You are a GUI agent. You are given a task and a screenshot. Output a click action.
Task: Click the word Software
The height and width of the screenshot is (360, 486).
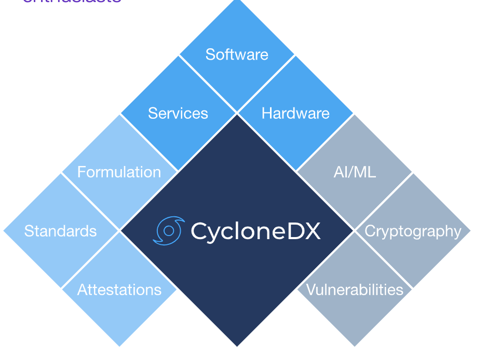[237, 54]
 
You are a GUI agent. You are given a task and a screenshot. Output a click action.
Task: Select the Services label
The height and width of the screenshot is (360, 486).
[178, 114]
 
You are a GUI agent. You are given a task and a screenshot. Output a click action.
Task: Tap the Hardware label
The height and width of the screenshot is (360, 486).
[295, 114]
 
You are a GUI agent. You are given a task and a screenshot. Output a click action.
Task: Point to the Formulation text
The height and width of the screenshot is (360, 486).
[119, 172]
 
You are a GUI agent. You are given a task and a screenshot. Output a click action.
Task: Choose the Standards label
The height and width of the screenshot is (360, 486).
[60, 231]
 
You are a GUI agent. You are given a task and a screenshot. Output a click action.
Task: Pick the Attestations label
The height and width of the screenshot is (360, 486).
[119, 289]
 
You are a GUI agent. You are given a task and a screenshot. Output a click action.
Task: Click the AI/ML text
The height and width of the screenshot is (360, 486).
[355, 172]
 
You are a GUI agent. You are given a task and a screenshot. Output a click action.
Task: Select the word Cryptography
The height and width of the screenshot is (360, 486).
[413, 231]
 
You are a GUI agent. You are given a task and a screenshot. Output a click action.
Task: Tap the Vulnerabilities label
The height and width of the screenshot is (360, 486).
[355, 289]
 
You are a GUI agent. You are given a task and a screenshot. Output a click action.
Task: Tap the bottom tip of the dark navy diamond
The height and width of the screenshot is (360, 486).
[237, 345]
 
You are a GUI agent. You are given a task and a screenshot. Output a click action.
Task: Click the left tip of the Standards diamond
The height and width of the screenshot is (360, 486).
[5, 231]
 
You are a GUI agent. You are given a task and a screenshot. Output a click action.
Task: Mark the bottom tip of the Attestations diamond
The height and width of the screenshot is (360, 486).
[119, 345]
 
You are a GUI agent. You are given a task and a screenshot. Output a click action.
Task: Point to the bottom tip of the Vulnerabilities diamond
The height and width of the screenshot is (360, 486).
[355, 345]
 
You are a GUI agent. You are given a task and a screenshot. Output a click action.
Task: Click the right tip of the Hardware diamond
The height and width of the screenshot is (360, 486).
[353, 114]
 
